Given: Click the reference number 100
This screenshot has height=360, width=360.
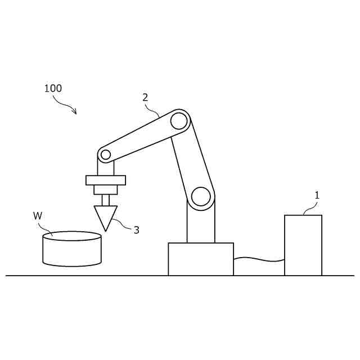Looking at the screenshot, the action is (53, 88).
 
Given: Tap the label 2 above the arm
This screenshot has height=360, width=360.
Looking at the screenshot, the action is (145, 97).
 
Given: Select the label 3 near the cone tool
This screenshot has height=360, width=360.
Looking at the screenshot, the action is (137, 230).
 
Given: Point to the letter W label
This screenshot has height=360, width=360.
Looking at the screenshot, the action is (38, 216).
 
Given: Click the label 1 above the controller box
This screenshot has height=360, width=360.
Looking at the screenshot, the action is (317, 195).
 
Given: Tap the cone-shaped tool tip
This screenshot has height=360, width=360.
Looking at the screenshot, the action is (106, 218).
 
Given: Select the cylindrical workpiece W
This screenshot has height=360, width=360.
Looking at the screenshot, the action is (72, 249).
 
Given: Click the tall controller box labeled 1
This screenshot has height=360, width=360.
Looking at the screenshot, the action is (303, 245).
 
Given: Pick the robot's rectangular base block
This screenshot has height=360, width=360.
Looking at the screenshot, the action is (201, 259).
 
